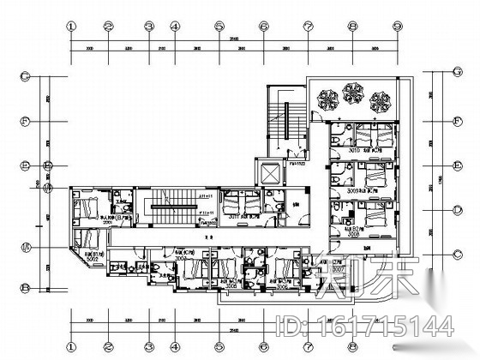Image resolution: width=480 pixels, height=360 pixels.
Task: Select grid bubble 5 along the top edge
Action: (219, 26)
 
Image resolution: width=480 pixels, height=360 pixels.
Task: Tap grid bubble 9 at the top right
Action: (397, 26)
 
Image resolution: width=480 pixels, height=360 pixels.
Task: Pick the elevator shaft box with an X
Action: (269, 172)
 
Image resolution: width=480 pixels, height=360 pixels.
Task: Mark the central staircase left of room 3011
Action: (172, 203)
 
